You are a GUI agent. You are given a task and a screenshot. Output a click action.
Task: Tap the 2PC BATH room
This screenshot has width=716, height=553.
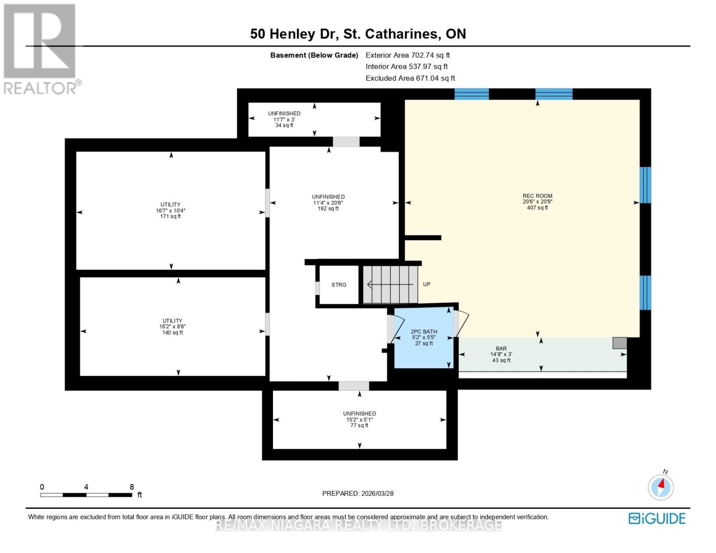pos(424,337)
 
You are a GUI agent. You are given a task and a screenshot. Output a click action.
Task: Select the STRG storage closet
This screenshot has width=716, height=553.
pos(339,285)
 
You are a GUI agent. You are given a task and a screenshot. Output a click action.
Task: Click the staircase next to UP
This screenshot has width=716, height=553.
pos(390,285)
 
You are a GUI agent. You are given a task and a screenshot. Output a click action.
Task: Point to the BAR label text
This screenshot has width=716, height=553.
pos(501,349)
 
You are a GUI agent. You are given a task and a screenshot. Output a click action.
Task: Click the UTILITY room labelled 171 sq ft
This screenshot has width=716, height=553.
pos(171,211)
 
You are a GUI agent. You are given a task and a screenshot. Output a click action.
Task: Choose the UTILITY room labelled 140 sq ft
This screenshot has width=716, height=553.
pos(172,327)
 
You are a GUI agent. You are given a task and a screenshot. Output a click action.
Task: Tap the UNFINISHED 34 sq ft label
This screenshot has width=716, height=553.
pos(284,119)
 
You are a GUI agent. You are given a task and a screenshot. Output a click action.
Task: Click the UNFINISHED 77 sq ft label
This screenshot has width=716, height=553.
pos(359,419)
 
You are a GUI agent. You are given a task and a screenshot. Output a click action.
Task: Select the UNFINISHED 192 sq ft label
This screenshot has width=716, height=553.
pos(328,203)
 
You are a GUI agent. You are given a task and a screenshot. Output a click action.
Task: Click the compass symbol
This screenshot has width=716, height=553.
pos(661,487)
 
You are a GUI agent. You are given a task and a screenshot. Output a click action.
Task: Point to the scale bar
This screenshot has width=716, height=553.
pos(86,495)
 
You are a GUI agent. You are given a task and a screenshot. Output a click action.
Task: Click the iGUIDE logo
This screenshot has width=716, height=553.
pos(657,518)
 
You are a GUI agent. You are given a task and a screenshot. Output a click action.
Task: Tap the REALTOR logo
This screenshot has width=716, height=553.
pos(41,49)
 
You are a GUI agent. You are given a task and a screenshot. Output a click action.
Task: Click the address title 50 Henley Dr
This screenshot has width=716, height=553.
pos(358,34)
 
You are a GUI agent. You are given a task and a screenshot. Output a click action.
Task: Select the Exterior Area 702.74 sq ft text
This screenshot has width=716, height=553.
pos(408,55)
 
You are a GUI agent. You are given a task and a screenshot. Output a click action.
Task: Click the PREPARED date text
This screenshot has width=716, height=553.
pos(358,494)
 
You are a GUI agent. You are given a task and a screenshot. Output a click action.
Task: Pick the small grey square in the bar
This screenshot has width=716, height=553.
pos(620,343)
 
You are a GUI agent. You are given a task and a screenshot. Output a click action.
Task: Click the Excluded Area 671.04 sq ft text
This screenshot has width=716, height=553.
pos(410,78)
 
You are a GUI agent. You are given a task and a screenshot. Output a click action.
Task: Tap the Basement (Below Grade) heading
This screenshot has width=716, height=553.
pos(314,55)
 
